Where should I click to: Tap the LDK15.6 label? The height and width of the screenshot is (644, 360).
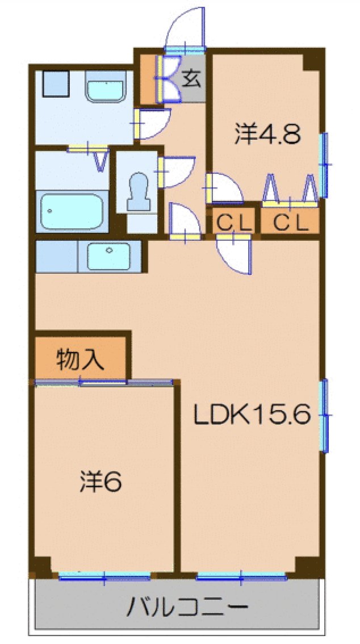click(251, 416)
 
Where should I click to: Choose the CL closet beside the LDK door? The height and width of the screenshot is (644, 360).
click(233, 223)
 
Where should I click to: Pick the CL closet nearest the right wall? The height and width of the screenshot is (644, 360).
click(290, 223)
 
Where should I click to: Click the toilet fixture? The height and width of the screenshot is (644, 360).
click(138, 192)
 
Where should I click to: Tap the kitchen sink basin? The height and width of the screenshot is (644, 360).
click(109, 256)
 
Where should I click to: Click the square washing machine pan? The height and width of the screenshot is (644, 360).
click(55, 84)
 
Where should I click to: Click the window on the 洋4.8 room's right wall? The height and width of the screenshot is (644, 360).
click(325, 165)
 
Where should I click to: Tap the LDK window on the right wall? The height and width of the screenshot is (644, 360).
click(325, 416)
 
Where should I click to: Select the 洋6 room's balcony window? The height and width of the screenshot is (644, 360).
click(104, 578)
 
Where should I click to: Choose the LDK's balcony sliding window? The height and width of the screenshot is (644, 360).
click(241, 578)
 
